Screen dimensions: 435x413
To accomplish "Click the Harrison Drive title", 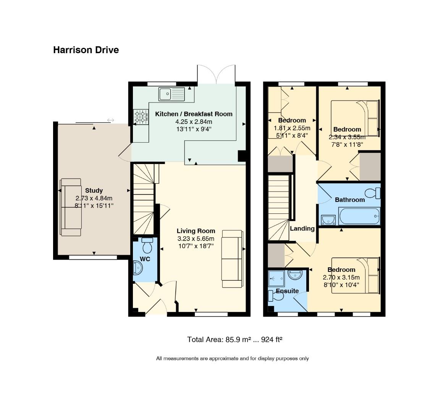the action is pos(86,50).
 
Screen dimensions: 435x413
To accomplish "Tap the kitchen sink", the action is pos(172,94).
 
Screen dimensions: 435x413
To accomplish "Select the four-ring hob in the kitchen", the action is pos(141,117).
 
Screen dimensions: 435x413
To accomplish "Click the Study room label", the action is pos(94,190).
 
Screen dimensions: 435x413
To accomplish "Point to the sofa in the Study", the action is pos(71,207).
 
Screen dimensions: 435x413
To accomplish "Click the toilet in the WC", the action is pos(147,245).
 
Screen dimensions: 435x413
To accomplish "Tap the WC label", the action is pos(145,259).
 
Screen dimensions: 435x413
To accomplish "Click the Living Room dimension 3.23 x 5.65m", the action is pos(196,238).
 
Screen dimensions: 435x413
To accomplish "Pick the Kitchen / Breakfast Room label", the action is pos(194,114).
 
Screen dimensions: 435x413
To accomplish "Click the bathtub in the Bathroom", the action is pos(359,216).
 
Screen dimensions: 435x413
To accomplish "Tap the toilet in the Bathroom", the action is pos(373,193).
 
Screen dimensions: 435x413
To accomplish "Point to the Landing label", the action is pos(302,229).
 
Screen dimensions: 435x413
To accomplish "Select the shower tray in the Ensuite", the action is pos(276,278).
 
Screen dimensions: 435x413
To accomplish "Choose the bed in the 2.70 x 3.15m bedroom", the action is pos(356,275).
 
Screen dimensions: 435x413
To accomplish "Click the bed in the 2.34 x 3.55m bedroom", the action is pos(355,118).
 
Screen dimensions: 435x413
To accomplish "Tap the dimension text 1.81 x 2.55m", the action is pos(292,128).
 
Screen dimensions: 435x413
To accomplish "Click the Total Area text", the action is pos(235,340).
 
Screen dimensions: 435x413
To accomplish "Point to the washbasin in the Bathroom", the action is pos(328,220).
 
